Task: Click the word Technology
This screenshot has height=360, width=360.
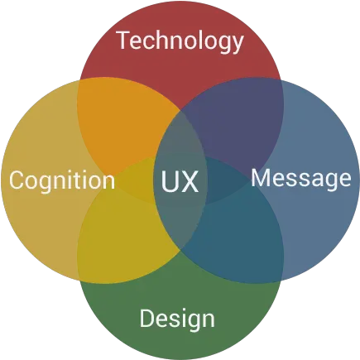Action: pos(180,41)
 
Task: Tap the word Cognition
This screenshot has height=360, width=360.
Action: pos(62,180)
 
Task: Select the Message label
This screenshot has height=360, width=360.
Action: pos(301,178)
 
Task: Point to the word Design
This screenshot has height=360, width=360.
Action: pos(177,319)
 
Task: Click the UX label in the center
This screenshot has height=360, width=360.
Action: pos(180,181)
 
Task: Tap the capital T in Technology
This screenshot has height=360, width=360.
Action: pos(123,40)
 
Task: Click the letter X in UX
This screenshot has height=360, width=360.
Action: pos(190,181)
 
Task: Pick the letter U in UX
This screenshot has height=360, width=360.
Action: pos(170,181)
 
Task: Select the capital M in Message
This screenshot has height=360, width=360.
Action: pos(261,178)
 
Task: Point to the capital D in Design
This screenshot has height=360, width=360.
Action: pos(147,318)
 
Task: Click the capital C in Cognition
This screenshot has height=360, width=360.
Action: pos(17,180)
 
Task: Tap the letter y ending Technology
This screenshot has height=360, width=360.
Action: pos(237,44)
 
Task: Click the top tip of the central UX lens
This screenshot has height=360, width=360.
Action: pos(180,111)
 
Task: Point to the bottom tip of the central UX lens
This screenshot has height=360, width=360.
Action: pos(180,251)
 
